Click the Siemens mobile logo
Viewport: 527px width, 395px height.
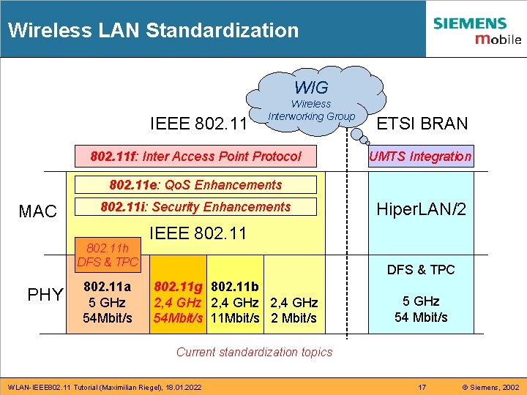(x=476, y=30)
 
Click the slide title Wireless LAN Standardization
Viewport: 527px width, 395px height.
(x=154, y=31)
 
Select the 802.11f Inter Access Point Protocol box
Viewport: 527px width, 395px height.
(x=195, y=156)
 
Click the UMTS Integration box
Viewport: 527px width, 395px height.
(x=421, y=156)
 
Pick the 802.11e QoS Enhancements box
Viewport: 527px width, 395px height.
(x=195, y=185)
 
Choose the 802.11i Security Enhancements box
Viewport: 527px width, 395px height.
(x=195, y=207)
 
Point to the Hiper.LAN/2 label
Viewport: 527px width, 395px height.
(x=421, y=210)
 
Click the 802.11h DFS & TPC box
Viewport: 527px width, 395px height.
(x=108, y=255)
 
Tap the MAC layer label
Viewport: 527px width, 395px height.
(x=37, y=212)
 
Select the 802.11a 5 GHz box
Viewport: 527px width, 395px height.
(x=108, y=301)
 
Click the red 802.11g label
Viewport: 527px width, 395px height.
(x=179, y=287)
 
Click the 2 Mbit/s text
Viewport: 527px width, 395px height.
(x=294, y=318)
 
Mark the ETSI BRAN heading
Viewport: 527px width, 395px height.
(x=421, y=124)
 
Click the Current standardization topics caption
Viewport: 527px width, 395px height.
(x=254, y=352)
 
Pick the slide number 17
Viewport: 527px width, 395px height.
(x=421, y=386)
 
